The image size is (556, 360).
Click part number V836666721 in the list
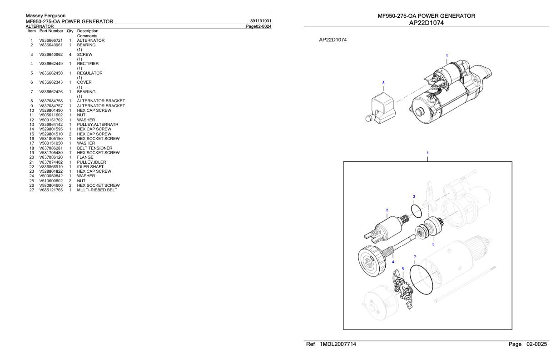tap(51, 40)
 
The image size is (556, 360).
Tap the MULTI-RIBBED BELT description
tap(97, 190)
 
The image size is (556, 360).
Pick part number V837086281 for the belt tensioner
tap(51, 148)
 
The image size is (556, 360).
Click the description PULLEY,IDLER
tap(91, 162)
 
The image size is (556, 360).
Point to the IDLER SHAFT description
tap(90, 167)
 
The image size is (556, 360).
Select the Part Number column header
tap(51, 31)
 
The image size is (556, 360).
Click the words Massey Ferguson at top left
tap(45, 16)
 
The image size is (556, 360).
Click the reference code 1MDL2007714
tap(338, 344)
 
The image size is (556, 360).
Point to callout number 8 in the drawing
tap(383, 83)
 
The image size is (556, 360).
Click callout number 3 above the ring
tap(414, 196)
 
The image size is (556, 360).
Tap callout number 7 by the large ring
tap(415, 257)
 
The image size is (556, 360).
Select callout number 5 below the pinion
tap(433, 244)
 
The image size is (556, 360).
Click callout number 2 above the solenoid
tap(387, 210)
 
